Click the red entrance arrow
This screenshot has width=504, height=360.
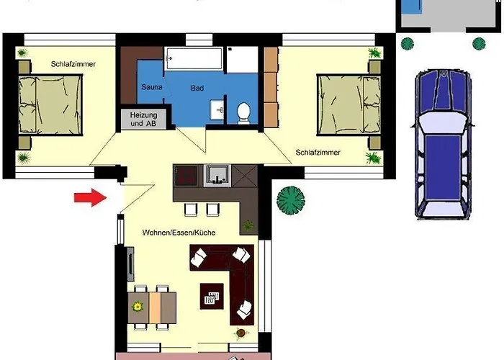(x=90, y=197)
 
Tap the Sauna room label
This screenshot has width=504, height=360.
(x=152, y=87)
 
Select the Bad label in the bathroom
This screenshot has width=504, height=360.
(x=197, y=88)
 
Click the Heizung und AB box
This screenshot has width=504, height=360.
(x=144, y=120)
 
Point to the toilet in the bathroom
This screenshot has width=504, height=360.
(x=243, y=113)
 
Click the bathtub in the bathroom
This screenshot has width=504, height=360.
(x=193, y=58)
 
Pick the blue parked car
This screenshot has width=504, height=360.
(x=444, y=144)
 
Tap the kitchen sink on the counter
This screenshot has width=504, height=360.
(x=218, y=176)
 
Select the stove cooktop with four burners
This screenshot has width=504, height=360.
(x=185, y=176)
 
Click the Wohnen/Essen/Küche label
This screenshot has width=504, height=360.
(x=179, y=233)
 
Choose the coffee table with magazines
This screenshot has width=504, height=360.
(x=212, y=296)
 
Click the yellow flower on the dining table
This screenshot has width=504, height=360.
(x=138, y=307)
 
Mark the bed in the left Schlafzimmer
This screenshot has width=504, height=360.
(x=50, y=104)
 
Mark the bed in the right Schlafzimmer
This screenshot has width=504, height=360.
(x=349, y=105)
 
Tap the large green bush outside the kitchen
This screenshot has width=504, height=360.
(x=291, y=200)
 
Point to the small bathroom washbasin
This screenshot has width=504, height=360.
(x=217, y=109)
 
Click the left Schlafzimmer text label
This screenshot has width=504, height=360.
(x=73, y=64)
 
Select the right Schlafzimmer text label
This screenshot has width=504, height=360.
(x=318, y=153)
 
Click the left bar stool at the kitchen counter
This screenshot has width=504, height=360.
(x=191, y=210)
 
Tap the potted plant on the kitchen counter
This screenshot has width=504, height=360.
(x=248, y=225)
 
